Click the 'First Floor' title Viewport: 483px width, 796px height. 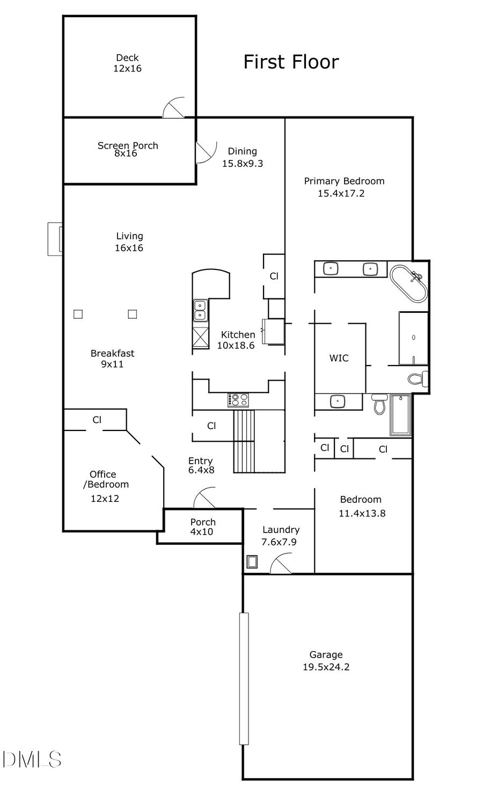pyautogui.click(x=291, y=62)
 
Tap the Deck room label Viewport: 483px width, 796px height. pyautogui.click(x=127, y=57)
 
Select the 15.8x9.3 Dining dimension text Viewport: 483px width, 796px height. pyautogui.click(x=243, y=164)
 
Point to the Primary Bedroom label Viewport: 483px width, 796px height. pyautogui.click(x=344, y=181)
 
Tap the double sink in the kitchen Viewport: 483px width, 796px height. pyautogui.click(x=200, y=311)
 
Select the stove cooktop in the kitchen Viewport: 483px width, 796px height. pyautogui.click(x=238, y=400)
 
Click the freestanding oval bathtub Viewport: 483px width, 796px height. pyautogui.click(x=408, y=283)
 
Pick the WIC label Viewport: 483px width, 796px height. pyautogui.click(x=339, y=358)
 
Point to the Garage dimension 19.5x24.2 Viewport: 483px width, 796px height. pyautogui.click(x=326, y=667)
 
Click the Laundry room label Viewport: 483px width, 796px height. pyautogui.click(x=281, y=530)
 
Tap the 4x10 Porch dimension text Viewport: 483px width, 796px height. pyautogui.click(x=202, y=532)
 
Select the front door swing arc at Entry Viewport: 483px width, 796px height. pyautogui.click(x=204, y=498)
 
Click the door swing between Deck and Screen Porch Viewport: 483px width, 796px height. pyautogui.click(x=173, y=108)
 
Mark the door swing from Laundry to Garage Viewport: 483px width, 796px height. pyautogui.click(x=281, y=565)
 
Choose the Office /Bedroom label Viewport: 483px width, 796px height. pyautogui.click(x=106, y=479)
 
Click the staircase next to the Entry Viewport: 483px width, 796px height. pyautogui.click(x=258, y=441)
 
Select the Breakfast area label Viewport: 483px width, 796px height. pyautogui.click(x=112, y=353)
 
